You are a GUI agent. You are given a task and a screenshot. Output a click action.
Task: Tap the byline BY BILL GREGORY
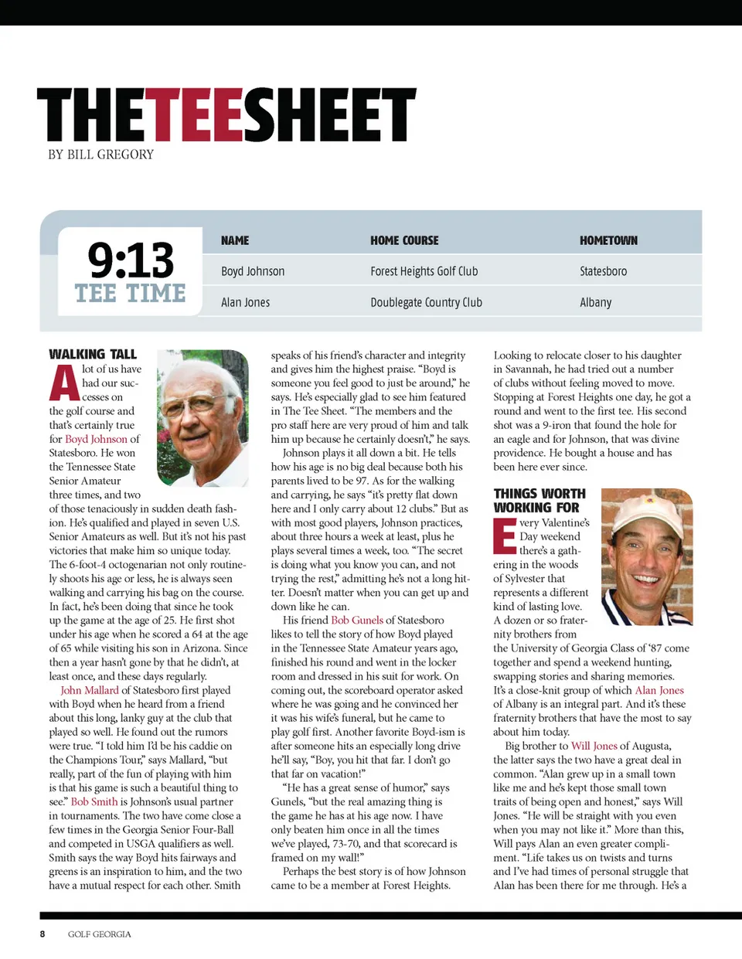[100, 155]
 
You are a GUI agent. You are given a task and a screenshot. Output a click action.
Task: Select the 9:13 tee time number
[131, 260]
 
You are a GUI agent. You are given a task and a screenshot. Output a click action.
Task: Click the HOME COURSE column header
[404, 240]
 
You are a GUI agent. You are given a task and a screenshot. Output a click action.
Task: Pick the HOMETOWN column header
[608, 240]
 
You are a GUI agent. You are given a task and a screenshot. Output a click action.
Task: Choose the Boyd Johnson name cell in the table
[253, 271]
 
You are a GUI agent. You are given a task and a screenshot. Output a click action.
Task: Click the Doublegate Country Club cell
[426, 302]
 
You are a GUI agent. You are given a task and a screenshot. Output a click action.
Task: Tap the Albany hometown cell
[595, 302]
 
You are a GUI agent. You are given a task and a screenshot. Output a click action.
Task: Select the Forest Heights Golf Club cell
[424, 271]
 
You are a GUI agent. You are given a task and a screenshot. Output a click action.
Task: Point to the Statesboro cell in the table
[603, 271]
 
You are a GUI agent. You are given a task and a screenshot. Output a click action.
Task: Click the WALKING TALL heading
[93, 354]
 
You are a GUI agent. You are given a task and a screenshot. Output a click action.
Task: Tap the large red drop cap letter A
[64, 383]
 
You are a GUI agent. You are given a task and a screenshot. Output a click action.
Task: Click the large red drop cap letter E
[505, 536]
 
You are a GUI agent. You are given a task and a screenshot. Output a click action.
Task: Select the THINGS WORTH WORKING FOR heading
[539, 500]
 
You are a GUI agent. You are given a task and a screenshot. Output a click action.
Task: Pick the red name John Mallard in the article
[90, 690]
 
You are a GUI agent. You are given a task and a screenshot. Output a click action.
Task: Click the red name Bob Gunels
[357, 620]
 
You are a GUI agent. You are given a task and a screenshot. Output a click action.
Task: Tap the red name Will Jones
[594, 746]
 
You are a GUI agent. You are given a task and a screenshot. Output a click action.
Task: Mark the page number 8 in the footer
[43, 933]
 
